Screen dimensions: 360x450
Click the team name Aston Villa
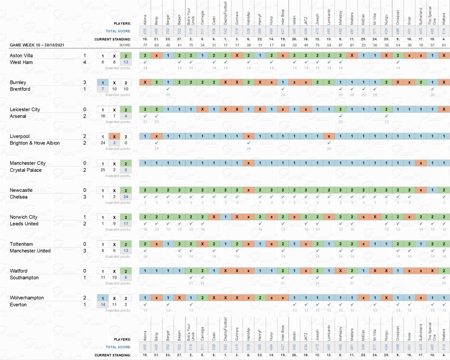coord(21,56)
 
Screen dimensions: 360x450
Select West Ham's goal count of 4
coord(85,62)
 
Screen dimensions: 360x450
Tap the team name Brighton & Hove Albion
coord(35,143)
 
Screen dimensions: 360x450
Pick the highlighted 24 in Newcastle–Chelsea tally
coord(126,197)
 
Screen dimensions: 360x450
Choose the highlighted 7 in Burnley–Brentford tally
coord(102,89)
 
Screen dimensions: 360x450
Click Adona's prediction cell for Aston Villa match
coord(145,56)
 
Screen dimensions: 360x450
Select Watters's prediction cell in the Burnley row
coord(444,83)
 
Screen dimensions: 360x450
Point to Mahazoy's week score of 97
coord(340,45)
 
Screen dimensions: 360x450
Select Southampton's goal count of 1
coord(85,277)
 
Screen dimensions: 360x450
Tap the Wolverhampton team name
coord(27,298)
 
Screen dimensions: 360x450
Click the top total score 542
coord(225,31)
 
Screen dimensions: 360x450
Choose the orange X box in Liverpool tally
coord(114,136)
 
